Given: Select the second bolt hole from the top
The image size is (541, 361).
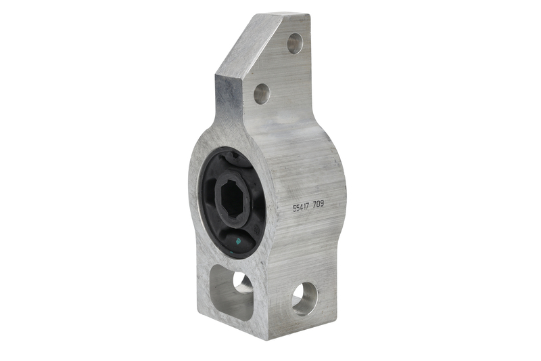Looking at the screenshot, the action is tap(262, 93).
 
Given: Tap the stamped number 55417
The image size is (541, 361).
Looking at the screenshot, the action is tap(301, 207).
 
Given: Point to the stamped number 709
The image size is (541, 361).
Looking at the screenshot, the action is tap(318, 205).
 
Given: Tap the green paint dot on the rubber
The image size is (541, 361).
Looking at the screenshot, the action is tap(237, 242).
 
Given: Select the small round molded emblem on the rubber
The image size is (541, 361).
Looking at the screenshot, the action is tap(256, 229).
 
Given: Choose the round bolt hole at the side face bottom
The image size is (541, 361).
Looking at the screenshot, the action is tap(304, 298).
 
